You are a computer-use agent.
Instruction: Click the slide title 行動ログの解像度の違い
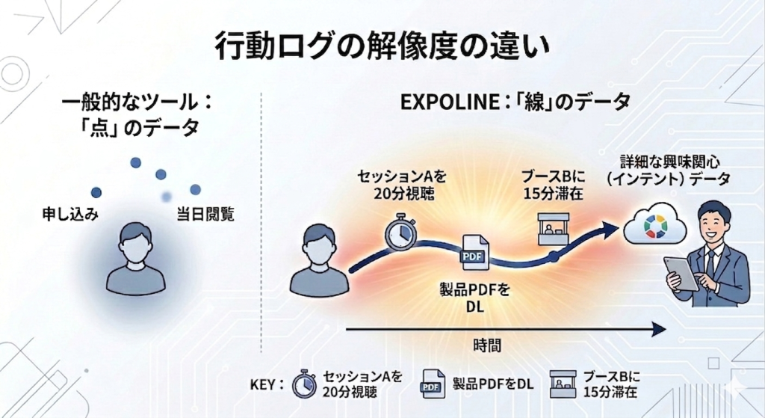click(x=382, y=46)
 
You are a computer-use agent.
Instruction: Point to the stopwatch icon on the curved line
click(x=400, y=233)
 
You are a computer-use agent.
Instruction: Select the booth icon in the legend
click(x=563, y=383)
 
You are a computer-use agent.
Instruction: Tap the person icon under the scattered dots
click(x=136, y=257)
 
